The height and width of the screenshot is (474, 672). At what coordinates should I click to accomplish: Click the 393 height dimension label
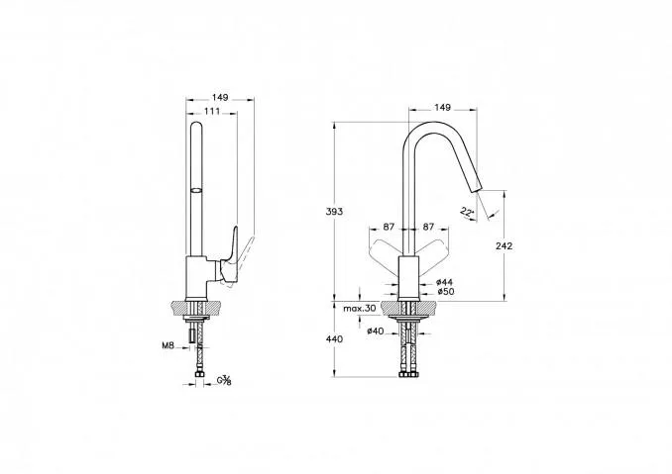coord(334,212)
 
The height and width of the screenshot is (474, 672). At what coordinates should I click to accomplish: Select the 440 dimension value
coord(334,339)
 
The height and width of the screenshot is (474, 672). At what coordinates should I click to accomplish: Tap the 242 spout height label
coord(504,246)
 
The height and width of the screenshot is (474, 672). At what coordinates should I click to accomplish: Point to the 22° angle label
coord(468,212)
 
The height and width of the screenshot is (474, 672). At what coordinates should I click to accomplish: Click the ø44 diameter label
coord(444,282)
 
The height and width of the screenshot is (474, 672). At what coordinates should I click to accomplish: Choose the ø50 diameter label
coord(446,292)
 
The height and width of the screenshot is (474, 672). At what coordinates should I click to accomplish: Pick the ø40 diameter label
coord(376,331)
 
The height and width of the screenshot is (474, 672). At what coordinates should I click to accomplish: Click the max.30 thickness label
coord(359,308)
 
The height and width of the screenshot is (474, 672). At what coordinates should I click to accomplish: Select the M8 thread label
coord(168,345)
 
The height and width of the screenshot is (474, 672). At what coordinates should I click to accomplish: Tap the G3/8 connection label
coord(224,380)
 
